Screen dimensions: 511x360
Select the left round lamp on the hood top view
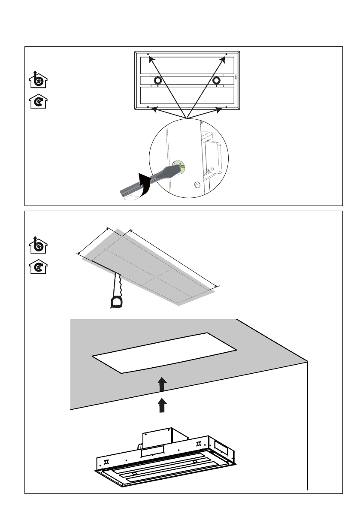157,80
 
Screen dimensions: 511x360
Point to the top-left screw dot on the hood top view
148,54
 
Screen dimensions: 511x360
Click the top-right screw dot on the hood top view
227,54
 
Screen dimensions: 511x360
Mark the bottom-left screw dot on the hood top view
148,107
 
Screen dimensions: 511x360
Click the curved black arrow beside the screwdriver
144,184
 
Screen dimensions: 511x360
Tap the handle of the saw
116,302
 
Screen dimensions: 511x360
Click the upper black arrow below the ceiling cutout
161,384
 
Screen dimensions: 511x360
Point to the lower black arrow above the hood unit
161,405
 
